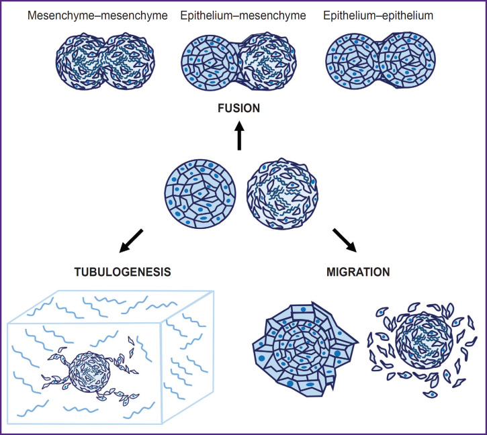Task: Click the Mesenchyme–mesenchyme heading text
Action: [97, 14]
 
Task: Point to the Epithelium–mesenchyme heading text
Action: [243, 14]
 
